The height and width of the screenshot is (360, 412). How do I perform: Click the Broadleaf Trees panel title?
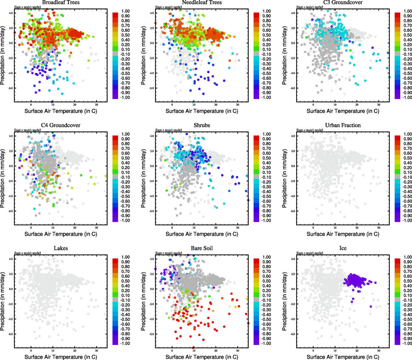61,2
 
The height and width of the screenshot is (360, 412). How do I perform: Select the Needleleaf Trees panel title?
202,2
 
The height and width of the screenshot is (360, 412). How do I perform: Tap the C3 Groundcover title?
343,2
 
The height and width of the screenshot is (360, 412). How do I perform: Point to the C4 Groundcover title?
61,125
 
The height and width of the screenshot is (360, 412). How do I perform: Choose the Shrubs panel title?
202,125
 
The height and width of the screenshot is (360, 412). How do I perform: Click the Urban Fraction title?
343,125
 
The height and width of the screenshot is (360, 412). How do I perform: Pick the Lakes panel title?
61,248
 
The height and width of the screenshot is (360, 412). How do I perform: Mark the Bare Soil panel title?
202,248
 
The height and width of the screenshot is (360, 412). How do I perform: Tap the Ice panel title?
343,248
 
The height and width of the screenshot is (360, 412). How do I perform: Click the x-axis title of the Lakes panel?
61,357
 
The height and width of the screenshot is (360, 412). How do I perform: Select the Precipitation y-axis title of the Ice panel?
284,301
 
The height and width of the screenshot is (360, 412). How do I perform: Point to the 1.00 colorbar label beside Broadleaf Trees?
125,11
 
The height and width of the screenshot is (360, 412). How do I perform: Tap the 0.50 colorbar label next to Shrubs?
267,158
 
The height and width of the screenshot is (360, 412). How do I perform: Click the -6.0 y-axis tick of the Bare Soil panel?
152,334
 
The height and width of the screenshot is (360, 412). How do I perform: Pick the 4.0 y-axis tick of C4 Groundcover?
11,136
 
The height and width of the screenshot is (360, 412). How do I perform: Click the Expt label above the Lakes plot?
28,253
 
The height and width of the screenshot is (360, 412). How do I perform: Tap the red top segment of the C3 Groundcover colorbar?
397,15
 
